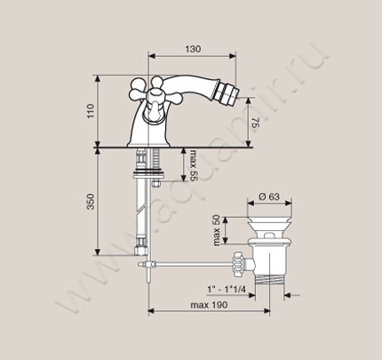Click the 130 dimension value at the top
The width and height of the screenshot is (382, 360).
click(x=193, y=49)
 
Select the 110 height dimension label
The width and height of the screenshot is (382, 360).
click(x=91, y=111)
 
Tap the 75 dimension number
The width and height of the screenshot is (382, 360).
click(x=255, y=123)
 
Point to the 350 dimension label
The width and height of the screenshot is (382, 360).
click(x=91, y=202)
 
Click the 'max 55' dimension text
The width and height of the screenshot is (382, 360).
click(x=193, y=165)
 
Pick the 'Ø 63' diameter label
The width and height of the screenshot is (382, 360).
click(x=269, y=196)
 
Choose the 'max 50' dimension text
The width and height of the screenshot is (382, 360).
click(x=217, y=230)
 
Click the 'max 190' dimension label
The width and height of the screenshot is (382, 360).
click(x=209, y=305)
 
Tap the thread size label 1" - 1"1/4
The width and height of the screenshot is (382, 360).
click(x=227, y=289)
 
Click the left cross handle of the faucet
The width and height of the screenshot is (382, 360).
click(x=139, y=88)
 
